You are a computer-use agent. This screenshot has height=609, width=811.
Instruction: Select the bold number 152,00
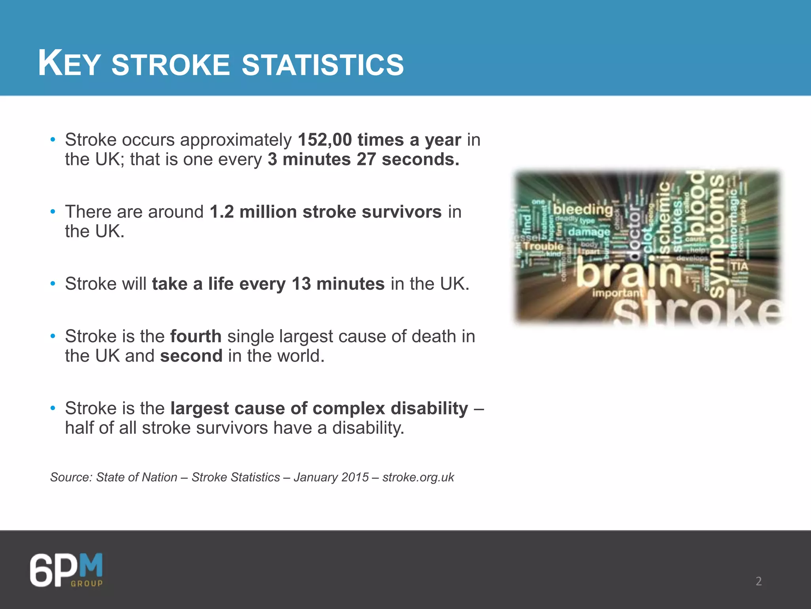pyautogui.click(x=325, y=140)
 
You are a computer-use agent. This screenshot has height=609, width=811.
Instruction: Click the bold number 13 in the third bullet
pyautogui.click(x=301, y=284)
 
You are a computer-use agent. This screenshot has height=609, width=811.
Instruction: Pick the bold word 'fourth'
pyautogui.click(x=196, y=336)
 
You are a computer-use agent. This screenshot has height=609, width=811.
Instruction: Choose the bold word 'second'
pyautogui.click(x=191, y=356)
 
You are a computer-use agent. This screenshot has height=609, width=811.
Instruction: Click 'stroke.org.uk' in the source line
pyautogui.click(x=418, y=477)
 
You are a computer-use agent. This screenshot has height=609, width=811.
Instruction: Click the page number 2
pyautogui.click(x=758, y=581)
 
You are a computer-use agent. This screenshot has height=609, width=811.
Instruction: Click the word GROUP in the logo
pyautogui.click(x=87, y=583)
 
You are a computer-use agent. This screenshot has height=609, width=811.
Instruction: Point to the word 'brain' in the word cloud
pyautogui.click(x=628, y=272)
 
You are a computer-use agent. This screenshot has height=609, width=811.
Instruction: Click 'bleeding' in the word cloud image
pyautogui.click(x=583, y=209)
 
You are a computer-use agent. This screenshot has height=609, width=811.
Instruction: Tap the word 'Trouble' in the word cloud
pyautogui.click(x=543, y=246)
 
